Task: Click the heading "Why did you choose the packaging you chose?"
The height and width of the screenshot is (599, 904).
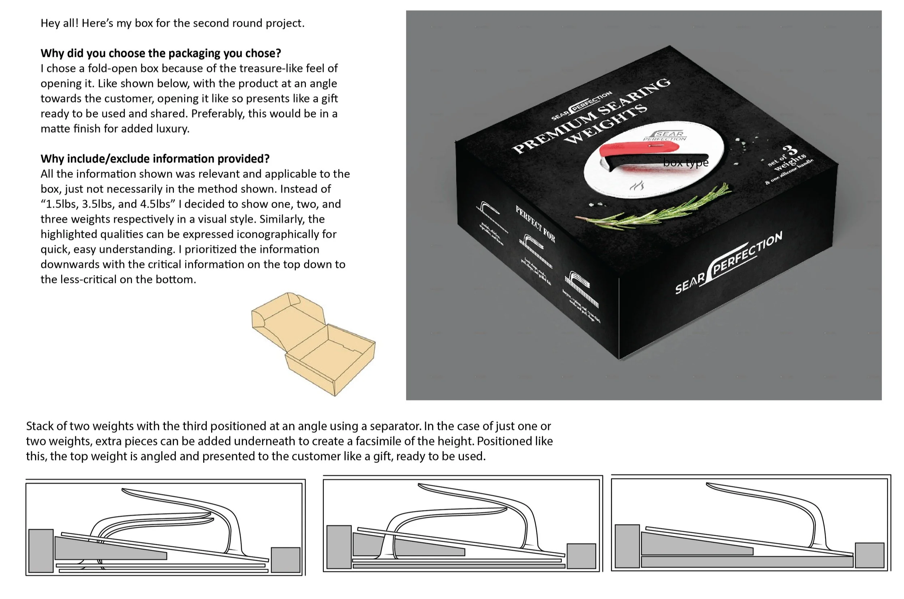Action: pyautogui.click(x=161, y=53)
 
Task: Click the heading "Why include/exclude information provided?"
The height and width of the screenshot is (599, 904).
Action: pyautogui.click(x=155, y=159)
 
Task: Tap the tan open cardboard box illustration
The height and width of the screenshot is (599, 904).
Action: pyautogui.click(x=313, y=344)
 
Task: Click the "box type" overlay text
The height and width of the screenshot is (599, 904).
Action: pyautogui.click(x=685, y=163)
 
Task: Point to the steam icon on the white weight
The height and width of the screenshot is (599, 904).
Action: pyautogui.click(x=637, y=186)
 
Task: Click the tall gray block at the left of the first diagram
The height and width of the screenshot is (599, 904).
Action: pyautogui.click(x=41, y=551)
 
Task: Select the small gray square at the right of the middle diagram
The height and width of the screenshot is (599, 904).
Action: pyautogui.click(x=581, y=556)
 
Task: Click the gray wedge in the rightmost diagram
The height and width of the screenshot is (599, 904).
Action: pyautogui.click(x=687, y=544)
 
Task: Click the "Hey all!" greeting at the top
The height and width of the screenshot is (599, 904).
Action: pyautogui.click(x=60, y=23)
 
